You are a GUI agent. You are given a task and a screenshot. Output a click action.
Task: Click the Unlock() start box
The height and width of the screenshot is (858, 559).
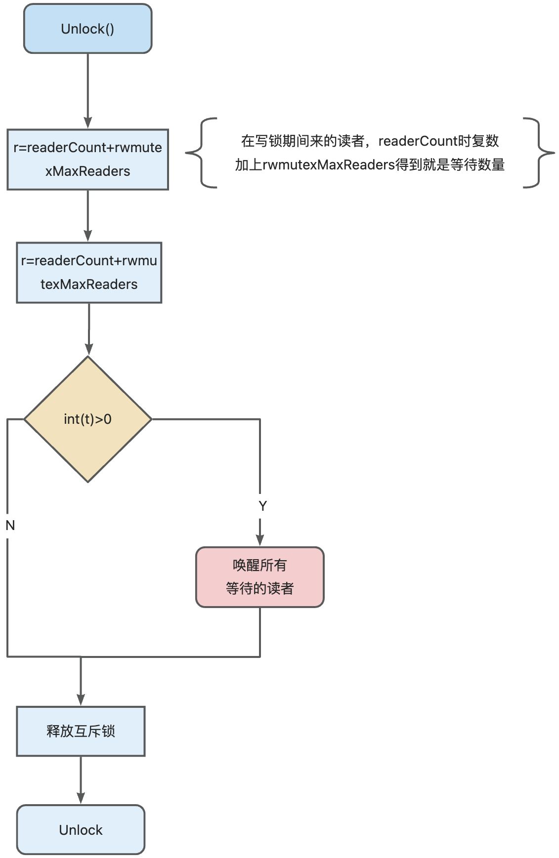tap(87, 29)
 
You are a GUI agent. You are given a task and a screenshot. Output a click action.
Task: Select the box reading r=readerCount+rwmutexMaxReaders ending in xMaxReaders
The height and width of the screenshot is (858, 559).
tap(87, 159)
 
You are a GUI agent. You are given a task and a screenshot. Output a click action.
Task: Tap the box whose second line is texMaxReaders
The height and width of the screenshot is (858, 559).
tap(89, 272)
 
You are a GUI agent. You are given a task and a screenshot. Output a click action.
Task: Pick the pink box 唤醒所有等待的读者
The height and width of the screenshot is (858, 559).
tap(259, 576)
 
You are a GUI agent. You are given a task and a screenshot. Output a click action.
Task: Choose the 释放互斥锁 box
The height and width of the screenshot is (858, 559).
tap(81, 731)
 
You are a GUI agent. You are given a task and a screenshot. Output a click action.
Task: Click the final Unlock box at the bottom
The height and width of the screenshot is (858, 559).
tap(81, 830)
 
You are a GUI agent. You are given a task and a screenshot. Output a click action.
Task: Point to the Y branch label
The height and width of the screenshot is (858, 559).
tap(262, 506)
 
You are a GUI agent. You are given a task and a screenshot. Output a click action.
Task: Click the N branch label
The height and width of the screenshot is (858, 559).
tap(10, 525)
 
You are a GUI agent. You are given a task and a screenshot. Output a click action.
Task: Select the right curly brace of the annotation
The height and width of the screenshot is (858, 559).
tap(539, 153)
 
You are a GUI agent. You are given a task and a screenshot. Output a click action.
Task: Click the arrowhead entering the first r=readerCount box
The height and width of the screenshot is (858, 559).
tap(87, 123)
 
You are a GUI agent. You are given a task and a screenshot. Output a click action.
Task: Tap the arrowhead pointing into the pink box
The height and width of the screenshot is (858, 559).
tap(260, 540)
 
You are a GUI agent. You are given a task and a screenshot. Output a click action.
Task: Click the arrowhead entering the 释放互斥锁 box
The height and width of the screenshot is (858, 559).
tap(81, 700)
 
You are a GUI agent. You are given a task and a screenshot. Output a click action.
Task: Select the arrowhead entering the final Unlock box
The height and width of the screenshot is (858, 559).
tap(81, 799)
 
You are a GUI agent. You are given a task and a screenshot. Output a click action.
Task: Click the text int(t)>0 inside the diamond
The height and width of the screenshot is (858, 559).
tap(87, 419)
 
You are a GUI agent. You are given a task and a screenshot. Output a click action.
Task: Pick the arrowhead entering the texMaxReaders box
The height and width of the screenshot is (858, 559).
tap(88, 236)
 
